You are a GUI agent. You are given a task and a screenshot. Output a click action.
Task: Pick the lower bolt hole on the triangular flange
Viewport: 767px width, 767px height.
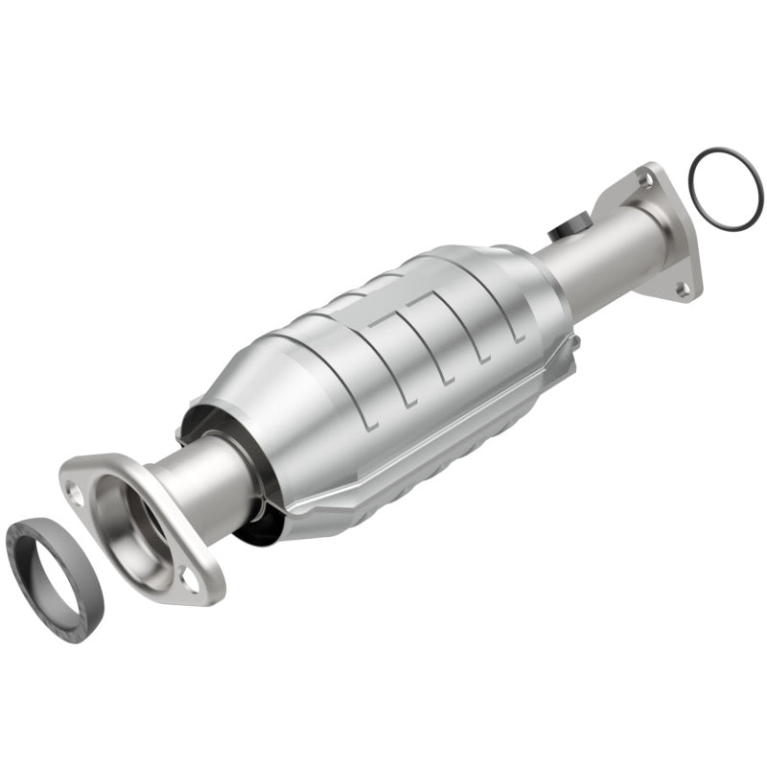[x=682, y=287]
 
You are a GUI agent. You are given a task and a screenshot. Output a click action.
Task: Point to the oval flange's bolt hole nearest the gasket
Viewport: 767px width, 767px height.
[x=74, y=491]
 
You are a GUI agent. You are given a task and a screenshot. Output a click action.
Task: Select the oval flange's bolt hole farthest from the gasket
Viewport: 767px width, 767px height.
[x=192, y=579]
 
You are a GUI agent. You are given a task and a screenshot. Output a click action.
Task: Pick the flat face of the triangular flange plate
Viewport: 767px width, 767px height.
[x=671, y=240]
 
